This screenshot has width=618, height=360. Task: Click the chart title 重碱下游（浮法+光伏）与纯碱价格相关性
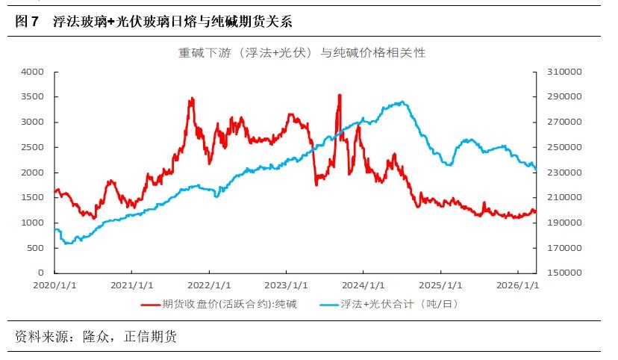coord(302,53)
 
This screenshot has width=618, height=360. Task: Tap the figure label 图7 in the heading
coord(27,22)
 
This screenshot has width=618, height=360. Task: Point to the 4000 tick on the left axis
coord(34,72)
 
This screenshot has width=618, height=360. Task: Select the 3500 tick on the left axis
coord(34,97)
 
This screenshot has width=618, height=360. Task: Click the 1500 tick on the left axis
coord(34,198)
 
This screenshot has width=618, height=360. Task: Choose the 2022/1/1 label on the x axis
coord(209,285)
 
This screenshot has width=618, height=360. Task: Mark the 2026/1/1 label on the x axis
coord(517,285)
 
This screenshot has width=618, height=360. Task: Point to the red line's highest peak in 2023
coord(340,96)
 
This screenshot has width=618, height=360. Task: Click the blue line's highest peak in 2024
coord(403,102)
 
